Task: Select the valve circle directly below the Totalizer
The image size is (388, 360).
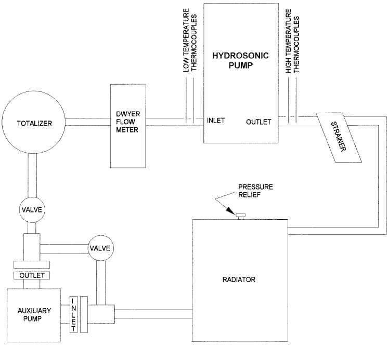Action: click(x=34, y=210)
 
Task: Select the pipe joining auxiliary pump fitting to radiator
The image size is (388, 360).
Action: click(x=154, y=314)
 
